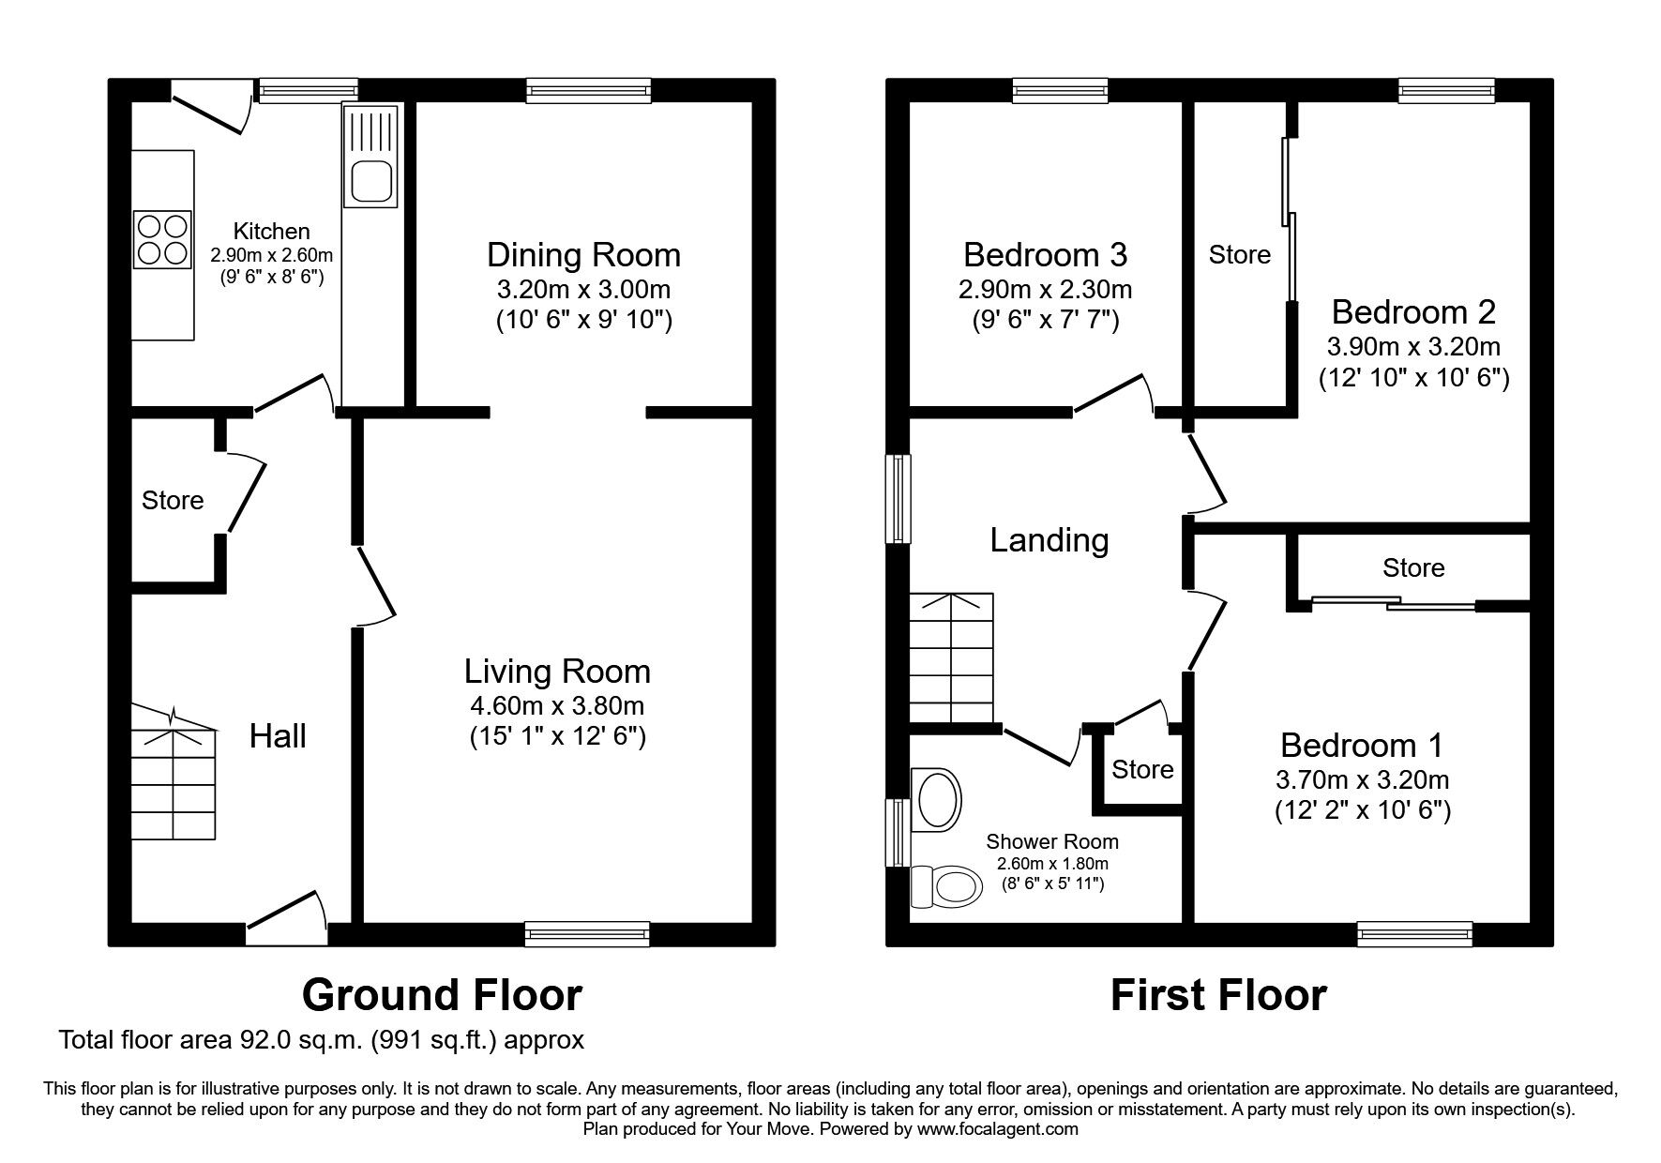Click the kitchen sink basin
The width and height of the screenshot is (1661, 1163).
pyautogui.click(x=370, y=182)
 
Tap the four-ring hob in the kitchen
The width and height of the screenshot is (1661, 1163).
pyautogui.click(x=163, y=239)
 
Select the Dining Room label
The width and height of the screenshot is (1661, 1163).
pyautogui.click(x=583, y=255)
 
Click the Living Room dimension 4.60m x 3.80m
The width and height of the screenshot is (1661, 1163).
pyautogui.click(x=557, y=705)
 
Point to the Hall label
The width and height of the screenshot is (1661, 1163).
pyautogui.click(x=278, y=736)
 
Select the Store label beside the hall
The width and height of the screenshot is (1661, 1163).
pyautogui.click(x=173, y=501)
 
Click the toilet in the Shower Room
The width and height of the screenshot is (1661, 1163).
pyautogui.click(x=945, y=884)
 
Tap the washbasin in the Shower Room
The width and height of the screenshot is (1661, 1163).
pyautogui.click(x=938, y=800)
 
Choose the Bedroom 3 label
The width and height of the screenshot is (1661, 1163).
pyautogui.click(x=1045, y=254)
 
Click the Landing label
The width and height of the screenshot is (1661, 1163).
pyautogui.click(x=1049, y=540)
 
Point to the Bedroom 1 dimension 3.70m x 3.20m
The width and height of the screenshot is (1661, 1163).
pyautogui.click(x=1362, y=779)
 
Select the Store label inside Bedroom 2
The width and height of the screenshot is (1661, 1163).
pyautogui.click(x=1239, y=255)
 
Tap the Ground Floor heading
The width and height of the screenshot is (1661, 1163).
pyautogui.click(x=442, y=995)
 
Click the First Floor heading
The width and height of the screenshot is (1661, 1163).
pyautogui.click(x=1218, y=995)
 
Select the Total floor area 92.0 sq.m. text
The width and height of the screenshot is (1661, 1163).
pyautogui.click(x=322, y=1040)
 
